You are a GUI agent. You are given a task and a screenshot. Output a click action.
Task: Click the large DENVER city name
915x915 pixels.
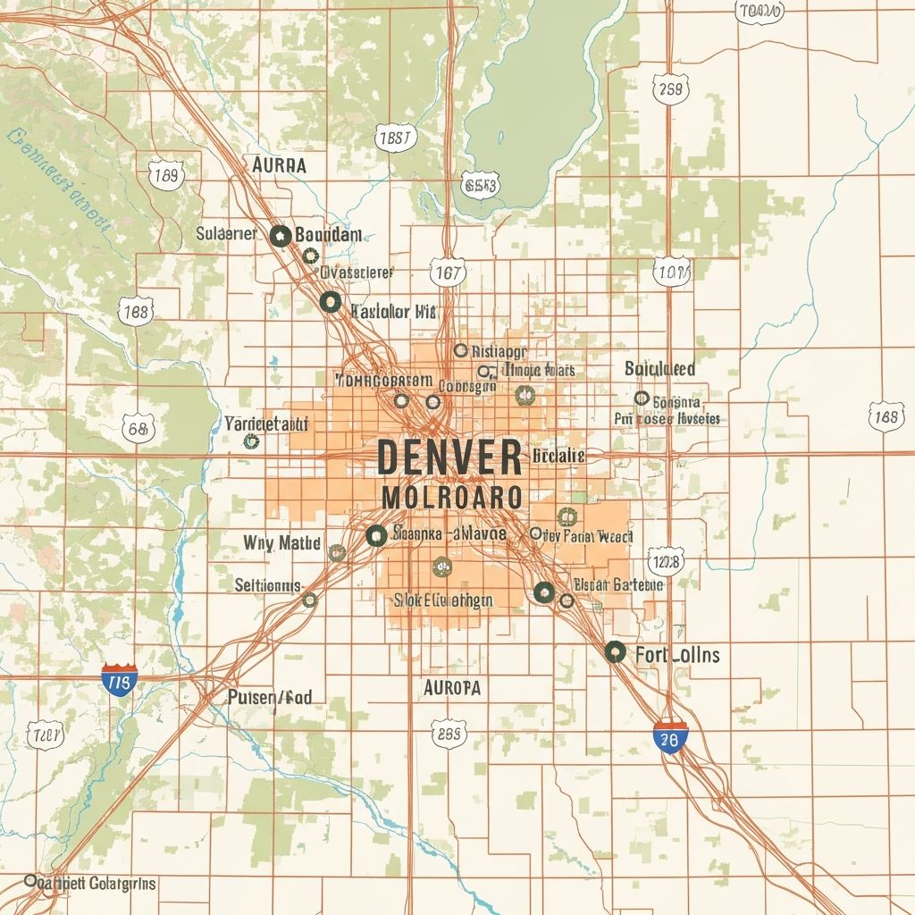[449, 457]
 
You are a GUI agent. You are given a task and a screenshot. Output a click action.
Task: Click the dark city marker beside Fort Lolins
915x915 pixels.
[615, 651]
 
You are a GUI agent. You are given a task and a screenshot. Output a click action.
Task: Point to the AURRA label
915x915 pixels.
[279, 165]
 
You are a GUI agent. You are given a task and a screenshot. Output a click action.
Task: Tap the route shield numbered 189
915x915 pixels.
[166, 175]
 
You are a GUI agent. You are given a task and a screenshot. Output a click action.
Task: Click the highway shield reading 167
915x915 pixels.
[447, 273]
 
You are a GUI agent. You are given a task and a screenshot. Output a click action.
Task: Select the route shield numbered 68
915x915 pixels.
[137, 429]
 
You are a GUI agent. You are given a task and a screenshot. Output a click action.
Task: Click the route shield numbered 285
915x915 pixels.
[448, 735]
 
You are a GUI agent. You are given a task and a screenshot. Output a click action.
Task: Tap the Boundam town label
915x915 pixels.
[328, 234]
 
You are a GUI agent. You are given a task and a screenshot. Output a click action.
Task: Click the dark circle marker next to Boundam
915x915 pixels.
[280, 235]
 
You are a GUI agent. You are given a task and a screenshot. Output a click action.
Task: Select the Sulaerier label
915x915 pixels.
[225, 234]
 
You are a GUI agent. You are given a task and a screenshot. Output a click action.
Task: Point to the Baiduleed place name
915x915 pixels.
[659, 368]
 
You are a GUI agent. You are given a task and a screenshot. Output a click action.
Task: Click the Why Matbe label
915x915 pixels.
[281, 542]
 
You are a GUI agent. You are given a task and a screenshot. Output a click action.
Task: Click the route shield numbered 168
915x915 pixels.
[885, 416]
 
